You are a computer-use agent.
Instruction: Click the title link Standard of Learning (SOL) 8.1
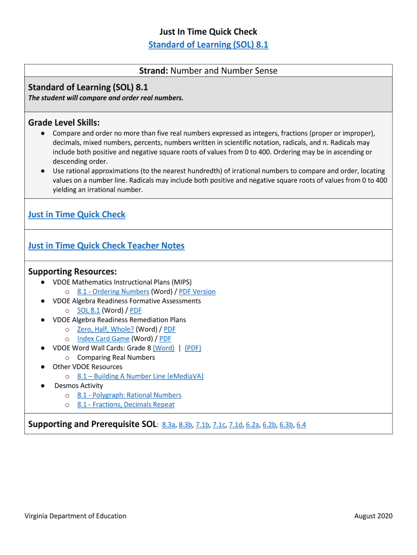click(208, 44)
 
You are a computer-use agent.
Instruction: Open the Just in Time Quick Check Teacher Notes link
click(106, 246)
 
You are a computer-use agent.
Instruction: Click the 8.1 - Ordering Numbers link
click(113, 292)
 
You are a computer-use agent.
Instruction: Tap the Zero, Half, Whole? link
click(105, 329)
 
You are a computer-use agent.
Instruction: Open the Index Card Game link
click(103, 339)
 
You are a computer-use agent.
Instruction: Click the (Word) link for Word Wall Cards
click(164, 348)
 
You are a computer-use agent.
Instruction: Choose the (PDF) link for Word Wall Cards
click(193, 348)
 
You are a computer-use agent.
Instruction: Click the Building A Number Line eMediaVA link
click(140, 376)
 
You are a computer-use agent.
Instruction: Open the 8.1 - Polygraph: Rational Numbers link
click(129, 395)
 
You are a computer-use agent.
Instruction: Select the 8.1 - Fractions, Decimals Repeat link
click(126, 404)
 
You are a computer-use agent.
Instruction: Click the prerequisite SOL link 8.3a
click(168, 425)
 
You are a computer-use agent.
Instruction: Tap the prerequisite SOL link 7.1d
click(236, 425)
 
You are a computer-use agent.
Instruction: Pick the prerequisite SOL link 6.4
click(301, 425)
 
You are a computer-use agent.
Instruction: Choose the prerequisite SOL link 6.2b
click(269, 425)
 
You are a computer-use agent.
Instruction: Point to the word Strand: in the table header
click(154, 70)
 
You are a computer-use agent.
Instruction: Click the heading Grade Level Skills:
click(64, 122)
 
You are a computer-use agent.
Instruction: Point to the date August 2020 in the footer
click(373, 516)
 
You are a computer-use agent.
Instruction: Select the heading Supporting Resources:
click(73, 271)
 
